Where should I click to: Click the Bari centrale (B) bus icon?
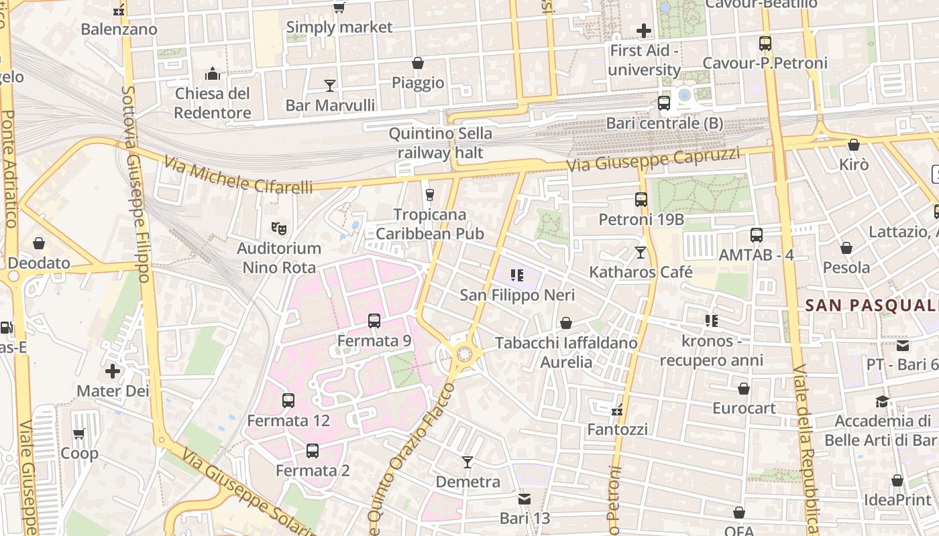point(664,103)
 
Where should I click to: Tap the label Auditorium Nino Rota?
point(279,258)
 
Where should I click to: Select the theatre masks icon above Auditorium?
point(279,228)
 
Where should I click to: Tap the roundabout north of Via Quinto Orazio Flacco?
point(463,353)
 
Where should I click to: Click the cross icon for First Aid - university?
point(644,30)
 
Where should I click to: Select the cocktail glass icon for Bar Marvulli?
point(330,85)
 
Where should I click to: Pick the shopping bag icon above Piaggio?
point(418,63)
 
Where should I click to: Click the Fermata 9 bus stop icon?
point(374,321)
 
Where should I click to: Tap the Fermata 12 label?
point(288,421)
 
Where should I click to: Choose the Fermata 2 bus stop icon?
point(313,451)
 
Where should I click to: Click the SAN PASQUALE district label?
point(871,306)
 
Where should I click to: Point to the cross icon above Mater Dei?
point(113,371)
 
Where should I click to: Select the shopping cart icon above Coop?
point(79,433)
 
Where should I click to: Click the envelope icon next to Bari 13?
point(524,498)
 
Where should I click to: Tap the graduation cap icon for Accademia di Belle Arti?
point(883,401)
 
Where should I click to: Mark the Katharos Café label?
point(641,272)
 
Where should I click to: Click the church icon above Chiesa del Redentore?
point(213,73)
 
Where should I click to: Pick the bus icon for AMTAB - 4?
point(757,235)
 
